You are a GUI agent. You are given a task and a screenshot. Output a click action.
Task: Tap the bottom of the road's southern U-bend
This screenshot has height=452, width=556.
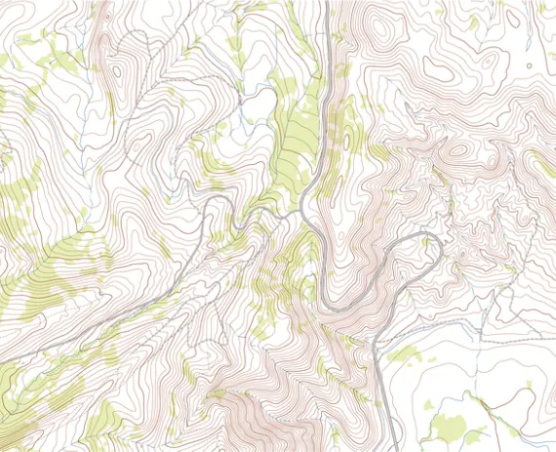point(337,308)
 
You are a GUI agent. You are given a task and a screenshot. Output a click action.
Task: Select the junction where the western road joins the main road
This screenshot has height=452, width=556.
point(301,209)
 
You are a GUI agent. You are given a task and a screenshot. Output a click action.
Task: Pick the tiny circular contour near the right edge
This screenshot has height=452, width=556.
point(529,66)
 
